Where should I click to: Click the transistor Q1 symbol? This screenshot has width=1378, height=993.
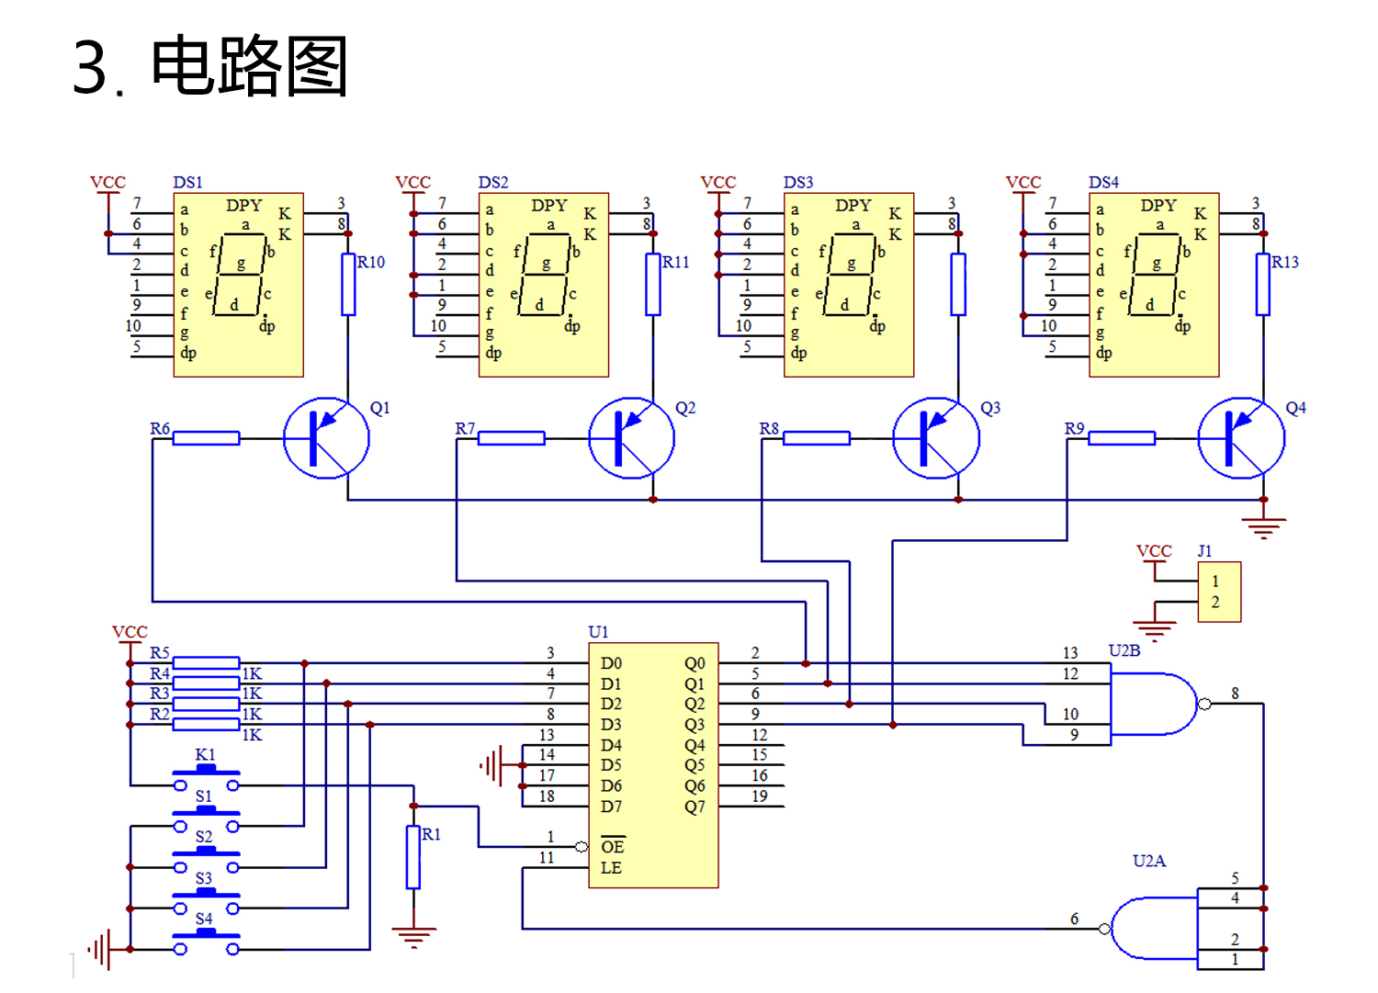326,438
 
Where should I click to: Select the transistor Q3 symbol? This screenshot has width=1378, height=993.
936,438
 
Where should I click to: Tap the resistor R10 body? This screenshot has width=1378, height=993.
348,285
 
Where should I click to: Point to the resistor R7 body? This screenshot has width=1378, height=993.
512,438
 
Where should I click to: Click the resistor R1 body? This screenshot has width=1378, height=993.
413,857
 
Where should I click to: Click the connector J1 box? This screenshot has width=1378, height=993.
1219,592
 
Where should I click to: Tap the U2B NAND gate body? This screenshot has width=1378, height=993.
1153,704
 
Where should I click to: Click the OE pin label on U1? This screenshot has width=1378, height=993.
612,847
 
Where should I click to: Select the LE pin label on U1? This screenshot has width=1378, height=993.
611,868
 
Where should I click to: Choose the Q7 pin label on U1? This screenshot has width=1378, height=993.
695,807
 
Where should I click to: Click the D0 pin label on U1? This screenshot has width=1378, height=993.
611,663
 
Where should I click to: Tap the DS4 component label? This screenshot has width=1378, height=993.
1103,183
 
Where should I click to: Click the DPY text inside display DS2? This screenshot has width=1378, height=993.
549,206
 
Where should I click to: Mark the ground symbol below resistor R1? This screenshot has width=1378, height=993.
413,937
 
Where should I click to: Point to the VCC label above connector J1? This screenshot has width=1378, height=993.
1154,551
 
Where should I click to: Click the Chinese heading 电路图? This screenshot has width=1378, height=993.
249,66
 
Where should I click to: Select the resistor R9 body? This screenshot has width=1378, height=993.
1122,438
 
